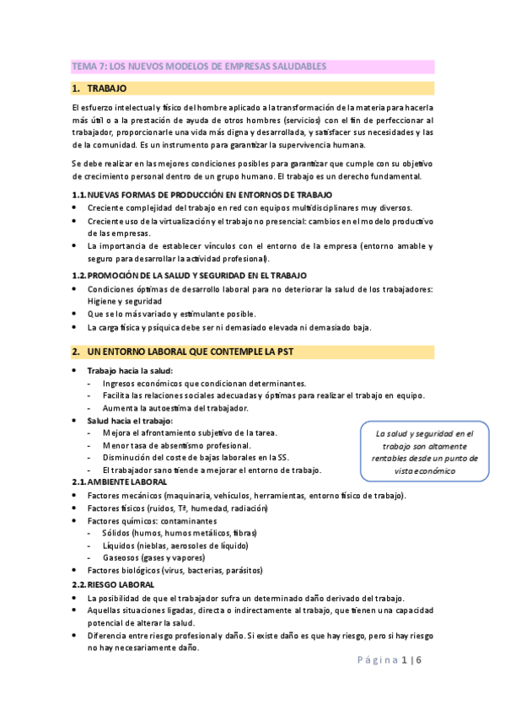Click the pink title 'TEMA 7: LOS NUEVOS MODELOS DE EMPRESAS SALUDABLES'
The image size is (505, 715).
coord(198,66)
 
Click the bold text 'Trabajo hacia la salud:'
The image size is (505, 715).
coord(130,371)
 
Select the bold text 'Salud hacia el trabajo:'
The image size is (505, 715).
coord(130,420)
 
